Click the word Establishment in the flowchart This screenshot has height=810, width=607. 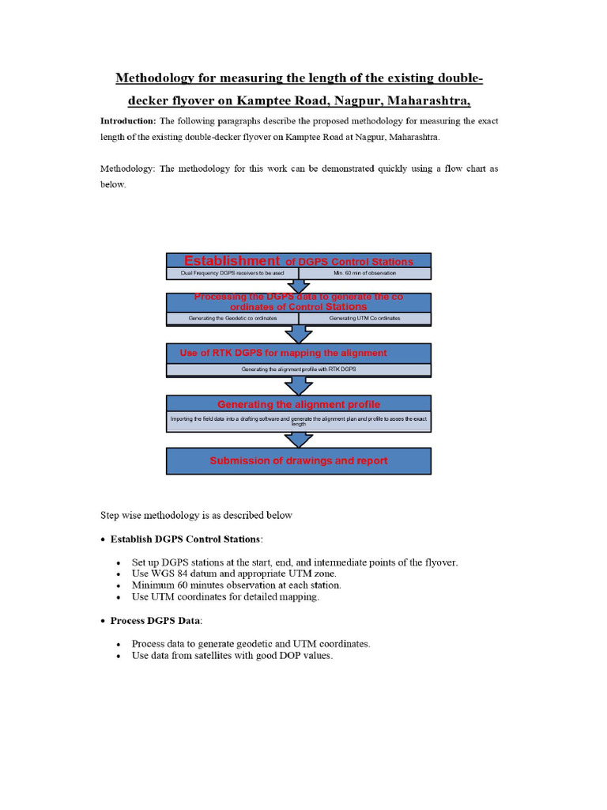click(232, 261)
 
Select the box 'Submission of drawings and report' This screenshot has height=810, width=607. click(298, 460)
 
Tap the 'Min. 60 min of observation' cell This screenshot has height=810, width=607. click(364, 274)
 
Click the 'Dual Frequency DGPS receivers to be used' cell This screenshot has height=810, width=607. click(232, 274)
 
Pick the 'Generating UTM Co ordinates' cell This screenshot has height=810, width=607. click(364, 318)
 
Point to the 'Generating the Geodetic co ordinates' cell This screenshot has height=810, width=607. click(232, 318)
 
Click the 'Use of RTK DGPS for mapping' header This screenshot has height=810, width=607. click(283, 353)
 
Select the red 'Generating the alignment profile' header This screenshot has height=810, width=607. click(298, 404)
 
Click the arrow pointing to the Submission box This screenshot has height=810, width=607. click(298, 439)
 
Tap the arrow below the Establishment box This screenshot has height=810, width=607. click(298, 286)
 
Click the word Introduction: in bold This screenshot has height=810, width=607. click(127, 121)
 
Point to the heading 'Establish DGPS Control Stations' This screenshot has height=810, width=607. click(185, 539)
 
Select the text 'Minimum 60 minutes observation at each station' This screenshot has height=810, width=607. click(236, 585)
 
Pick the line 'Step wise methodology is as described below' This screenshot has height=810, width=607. click(196, 515)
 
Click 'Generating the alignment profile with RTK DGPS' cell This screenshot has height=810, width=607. click(298, 369)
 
